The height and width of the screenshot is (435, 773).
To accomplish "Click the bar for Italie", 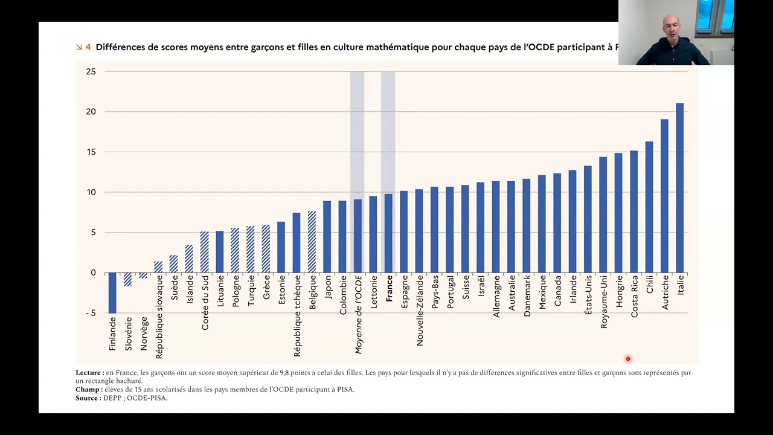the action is [679, 188].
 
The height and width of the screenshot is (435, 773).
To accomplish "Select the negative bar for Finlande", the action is [112, 293].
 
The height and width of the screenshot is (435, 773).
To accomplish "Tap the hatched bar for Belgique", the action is [312, 242].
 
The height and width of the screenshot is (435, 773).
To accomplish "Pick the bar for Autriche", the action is [664, 196].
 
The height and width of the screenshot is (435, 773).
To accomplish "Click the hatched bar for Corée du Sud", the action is [205, 252].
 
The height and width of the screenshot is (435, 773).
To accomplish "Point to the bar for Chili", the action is [649, 207].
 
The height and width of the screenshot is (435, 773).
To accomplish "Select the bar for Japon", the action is [327, 237].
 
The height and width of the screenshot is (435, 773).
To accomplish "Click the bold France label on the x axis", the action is [389, 289].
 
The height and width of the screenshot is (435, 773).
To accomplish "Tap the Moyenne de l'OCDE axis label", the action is [358, 315].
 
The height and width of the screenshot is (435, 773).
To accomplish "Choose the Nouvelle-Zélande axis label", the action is [420, 311].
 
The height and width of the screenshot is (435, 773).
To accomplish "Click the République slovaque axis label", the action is [159, 317].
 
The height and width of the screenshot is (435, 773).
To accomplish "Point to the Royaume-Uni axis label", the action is [603, 301].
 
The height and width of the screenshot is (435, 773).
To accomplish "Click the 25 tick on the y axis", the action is [91, 71].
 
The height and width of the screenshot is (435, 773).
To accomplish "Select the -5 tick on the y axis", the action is [91, 313].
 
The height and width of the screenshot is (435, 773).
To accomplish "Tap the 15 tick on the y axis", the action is [91, 152].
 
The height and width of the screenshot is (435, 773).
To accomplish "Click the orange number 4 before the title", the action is [88, 47].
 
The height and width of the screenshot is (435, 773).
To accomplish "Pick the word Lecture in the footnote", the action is [88, 373].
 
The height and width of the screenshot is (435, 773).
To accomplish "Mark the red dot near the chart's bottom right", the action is [628, 359].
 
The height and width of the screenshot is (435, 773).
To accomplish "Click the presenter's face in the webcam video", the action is [671, 28].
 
